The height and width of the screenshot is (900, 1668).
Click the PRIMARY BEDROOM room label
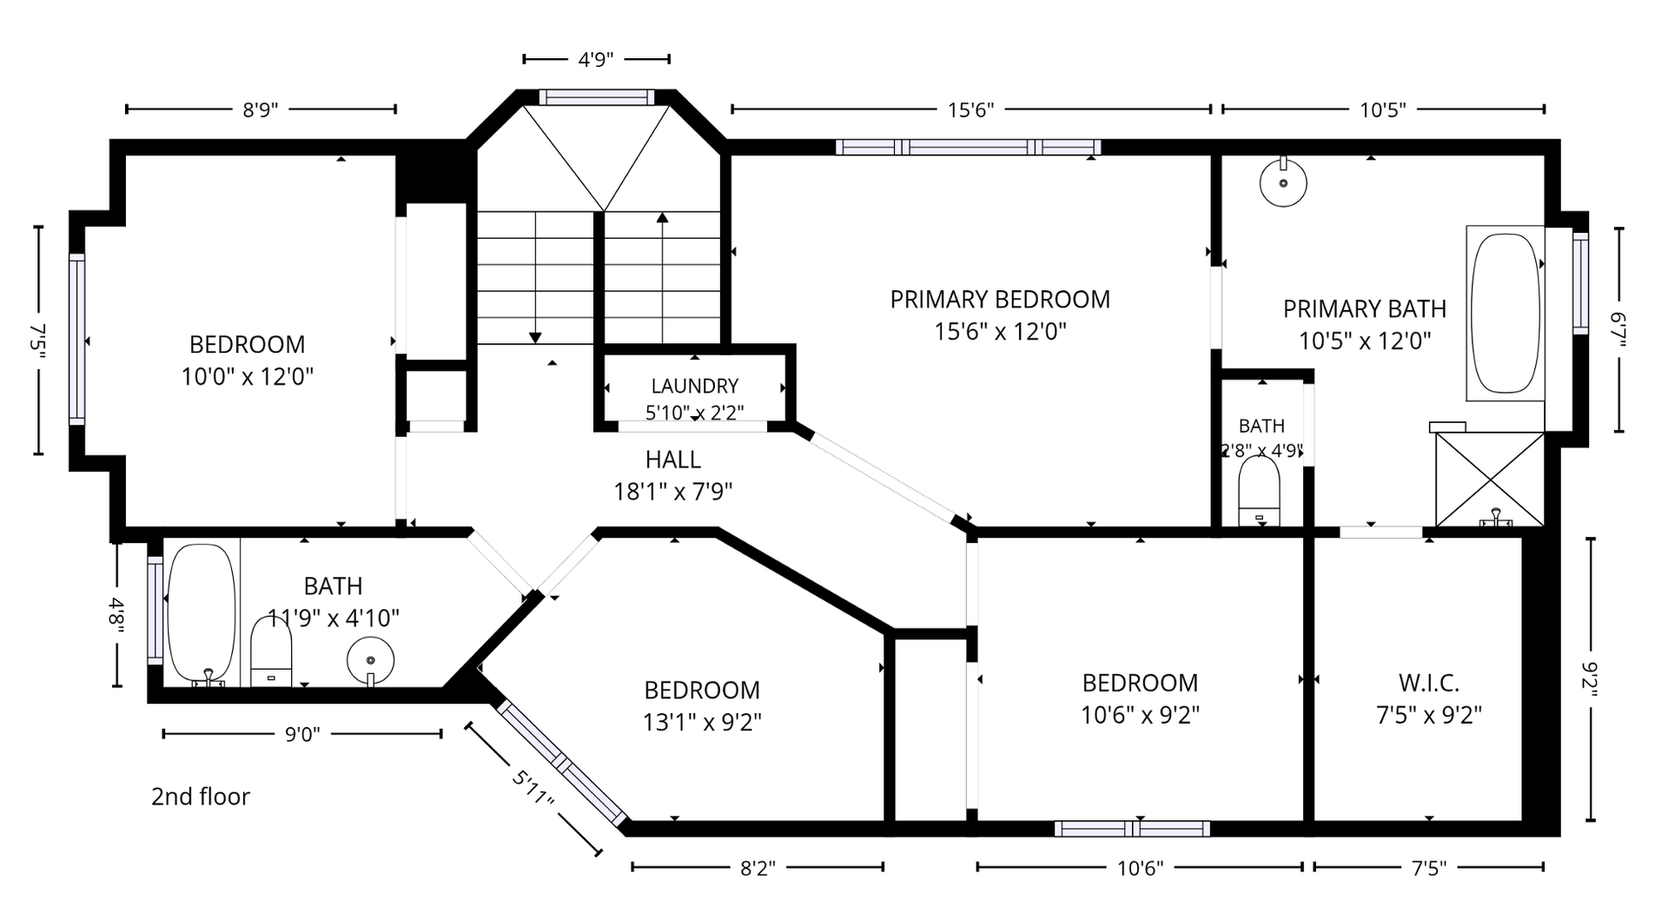pos(1000,300)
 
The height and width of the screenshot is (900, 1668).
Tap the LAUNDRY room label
pos(695,386)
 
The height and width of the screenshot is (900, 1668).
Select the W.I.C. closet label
pos(1429,683)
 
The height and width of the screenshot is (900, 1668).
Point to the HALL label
pos(673,460)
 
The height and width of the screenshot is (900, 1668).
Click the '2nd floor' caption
pos(201,797)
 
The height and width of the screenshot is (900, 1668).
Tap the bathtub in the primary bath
pos(1506,314)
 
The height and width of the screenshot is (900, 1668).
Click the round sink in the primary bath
pos(1283,182)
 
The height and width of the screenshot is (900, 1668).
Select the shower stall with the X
pos(1490,479)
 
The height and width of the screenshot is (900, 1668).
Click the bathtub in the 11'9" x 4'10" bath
pos(202,613)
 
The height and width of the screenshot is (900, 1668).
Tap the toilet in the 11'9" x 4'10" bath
pos(271,651)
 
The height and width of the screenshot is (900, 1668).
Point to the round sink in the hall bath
pos(370,661)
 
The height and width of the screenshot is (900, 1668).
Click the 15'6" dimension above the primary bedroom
pos(970,109)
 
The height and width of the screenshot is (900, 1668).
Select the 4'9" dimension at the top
pos(596,60)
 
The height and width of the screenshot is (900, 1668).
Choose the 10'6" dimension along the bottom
pos(1140,867)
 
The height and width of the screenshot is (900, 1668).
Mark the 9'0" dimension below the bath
pos(302,735)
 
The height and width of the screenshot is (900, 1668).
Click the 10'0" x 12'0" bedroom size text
pos(248,377)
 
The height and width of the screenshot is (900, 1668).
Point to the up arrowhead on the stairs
pos(663,217)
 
